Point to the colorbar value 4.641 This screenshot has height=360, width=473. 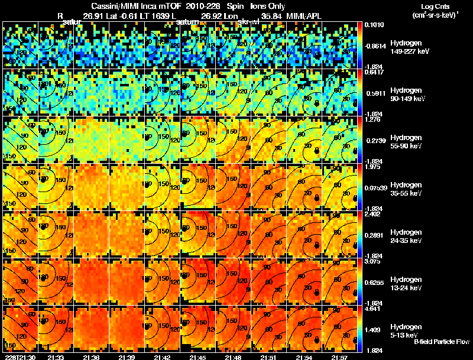372,309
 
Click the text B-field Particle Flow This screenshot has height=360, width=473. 442,342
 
